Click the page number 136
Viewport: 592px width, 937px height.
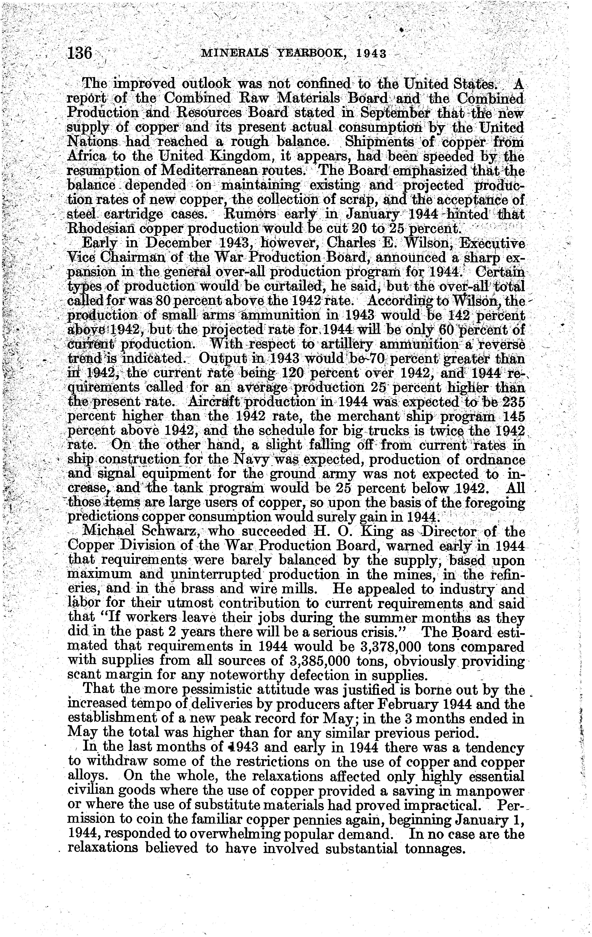click(x=80, y=53)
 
